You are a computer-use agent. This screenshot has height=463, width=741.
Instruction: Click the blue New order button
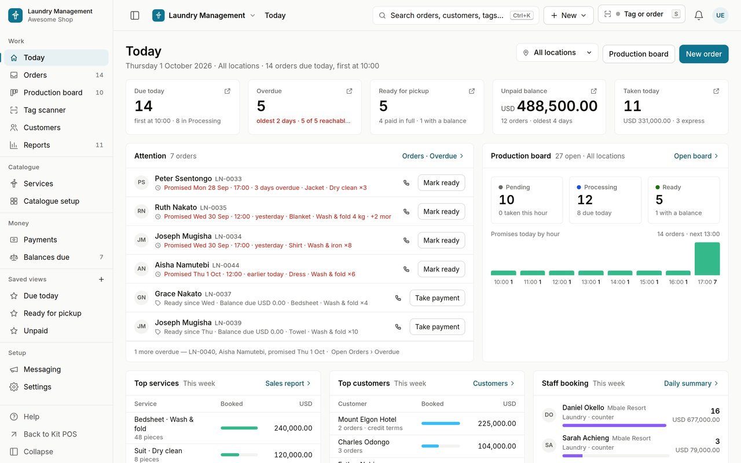coord(703,54)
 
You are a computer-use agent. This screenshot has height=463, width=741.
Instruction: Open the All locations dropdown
coord(557,53)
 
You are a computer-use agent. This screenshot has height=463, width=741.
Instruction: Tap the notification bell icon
coord(698,15)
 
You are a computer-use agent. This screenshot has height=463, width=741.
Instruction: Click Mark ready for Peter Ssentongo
coord(441,182)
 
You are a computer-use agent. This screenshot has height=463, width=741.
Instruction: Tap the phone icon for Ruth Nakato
coord(406,212)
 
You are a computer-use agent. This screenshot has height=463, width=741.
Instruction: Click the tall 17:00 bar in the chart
coord(707,259)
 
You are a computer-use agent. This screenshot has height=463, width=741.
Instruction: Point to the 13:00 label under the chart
coord(589,282)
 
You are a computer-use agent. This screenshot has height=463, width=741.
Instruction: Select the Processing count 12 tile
coord(605,200)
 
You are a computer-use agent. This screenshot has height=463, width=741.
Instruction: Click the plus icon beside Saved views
coord(101,280)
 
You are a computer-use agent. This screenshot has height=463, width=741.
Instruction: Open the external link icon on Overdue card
coord(349,91)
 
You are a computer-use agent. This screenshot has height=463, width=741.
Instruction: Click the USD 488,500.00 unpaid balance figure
coord(549,106)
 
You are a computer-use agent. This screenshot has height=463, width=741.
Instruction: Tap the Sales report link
coord(288,383)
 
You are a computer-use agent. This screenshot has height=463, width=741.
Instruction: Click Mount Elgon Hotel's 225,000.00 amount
coord(497,423)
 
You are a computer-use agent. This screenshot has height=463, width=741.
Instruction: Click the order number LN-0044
coord(226,265)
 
